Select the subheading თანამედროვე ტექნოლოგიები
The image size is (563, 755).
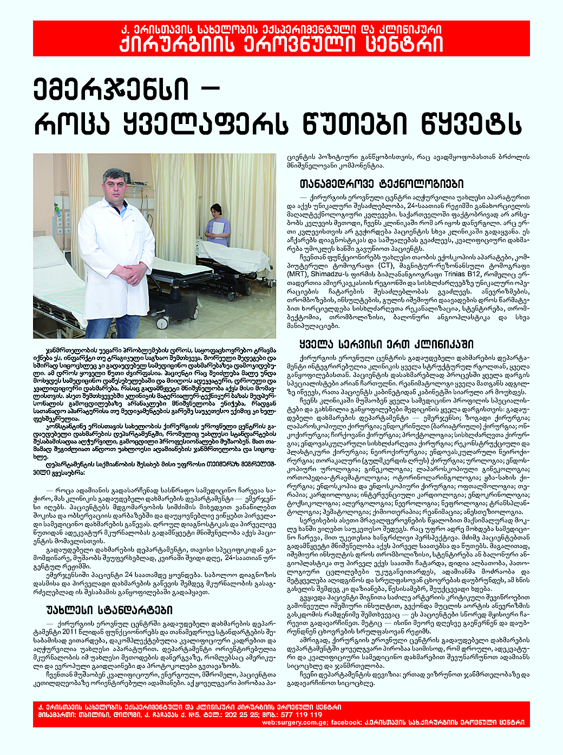tap(381, 184)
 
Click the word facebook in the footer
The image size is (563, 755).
tap(346, 722)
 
